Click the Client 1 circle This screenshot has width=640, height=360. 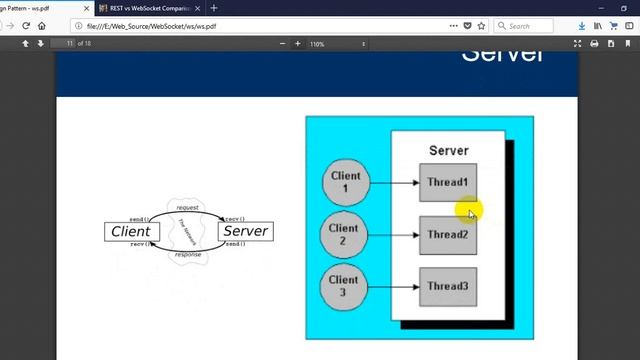point(346,182)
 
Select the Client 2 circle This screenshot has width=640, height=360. point(343,235)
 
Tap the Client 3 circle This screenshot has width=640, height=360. point(343,286)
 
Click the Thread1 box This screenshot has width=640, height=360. point(447,182)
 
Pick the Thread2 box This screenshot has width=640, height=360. point(447,235)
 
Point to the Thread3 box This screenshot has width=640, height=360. point(447,286)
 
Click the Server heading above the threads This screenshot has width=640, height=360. point(448,151)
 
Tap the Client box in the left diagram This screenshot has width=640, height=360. point(130,231)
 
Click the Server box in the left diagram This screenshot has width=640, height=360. point(245,231)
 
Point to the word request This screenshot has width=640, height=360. point(188,207)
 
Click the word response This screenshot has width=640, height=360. point(188,255)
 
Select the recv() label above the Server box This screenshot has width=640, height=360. point(236,218)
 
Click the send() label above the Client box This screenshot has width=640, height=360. point(140,218)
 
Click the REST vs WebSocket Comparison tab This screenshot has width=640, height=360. point(144,8)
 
